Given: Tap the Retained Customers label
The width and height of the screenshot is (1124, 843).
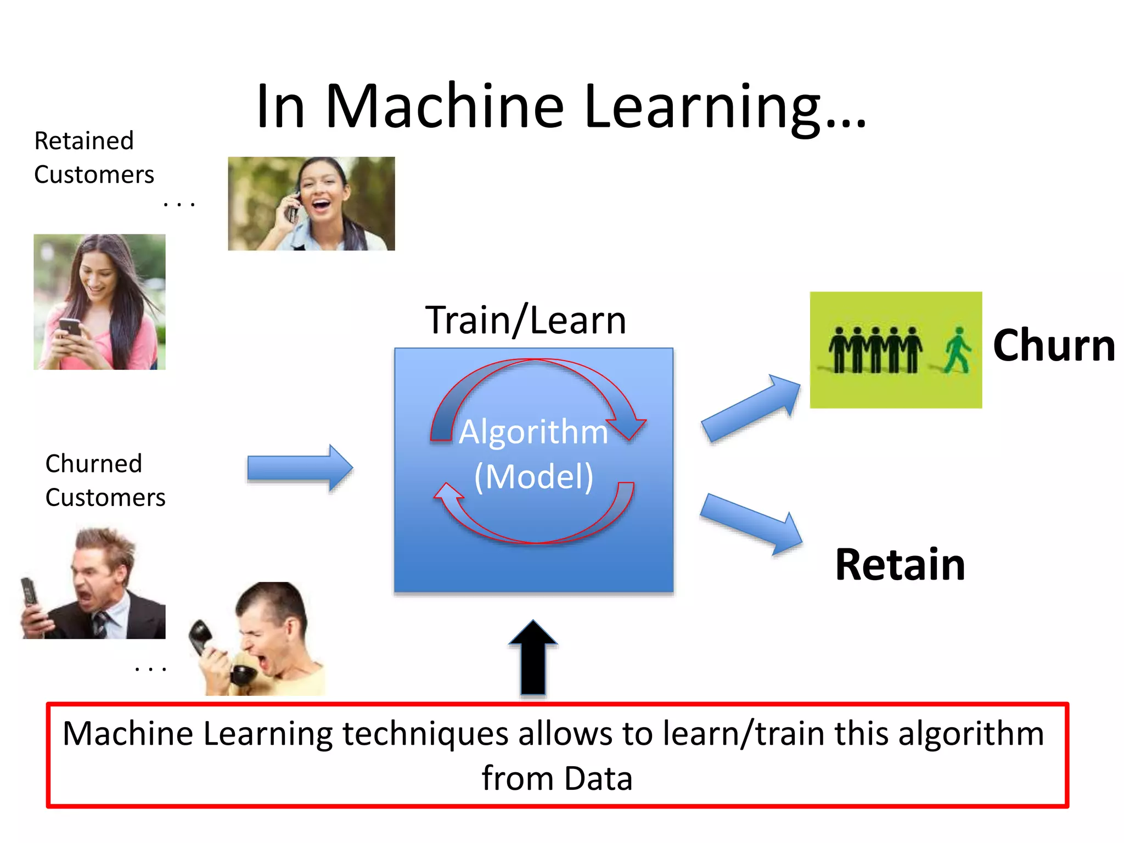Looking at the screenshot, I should [x=93, y=158].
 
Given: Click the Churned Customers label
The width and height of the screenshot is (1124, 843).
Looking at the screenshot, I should [x=104, y=480].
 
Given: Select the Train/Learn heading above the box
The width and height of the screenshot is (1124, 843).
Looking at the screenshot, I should [x=525, y=321].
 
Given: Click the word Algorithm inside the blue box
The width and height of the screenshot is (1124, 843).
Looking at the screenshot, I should [x=533, y=431].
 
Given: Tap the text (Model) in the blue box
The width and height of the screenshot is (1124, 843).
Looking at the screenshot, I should [x=533, y=476].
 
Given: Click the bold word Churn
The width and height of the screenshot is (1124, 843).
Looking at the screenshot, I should [x=1054, y=346].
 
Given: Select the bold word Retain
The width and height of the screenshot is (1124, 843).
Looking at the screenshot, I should [x=900, y=565].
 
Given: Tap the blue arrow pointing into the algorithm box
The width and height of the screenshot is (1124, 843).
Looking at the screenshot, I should [x=300, y=468].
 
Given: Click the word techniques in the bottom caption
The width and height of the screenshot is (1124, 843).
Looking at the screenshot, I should [x=425, y=734].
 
